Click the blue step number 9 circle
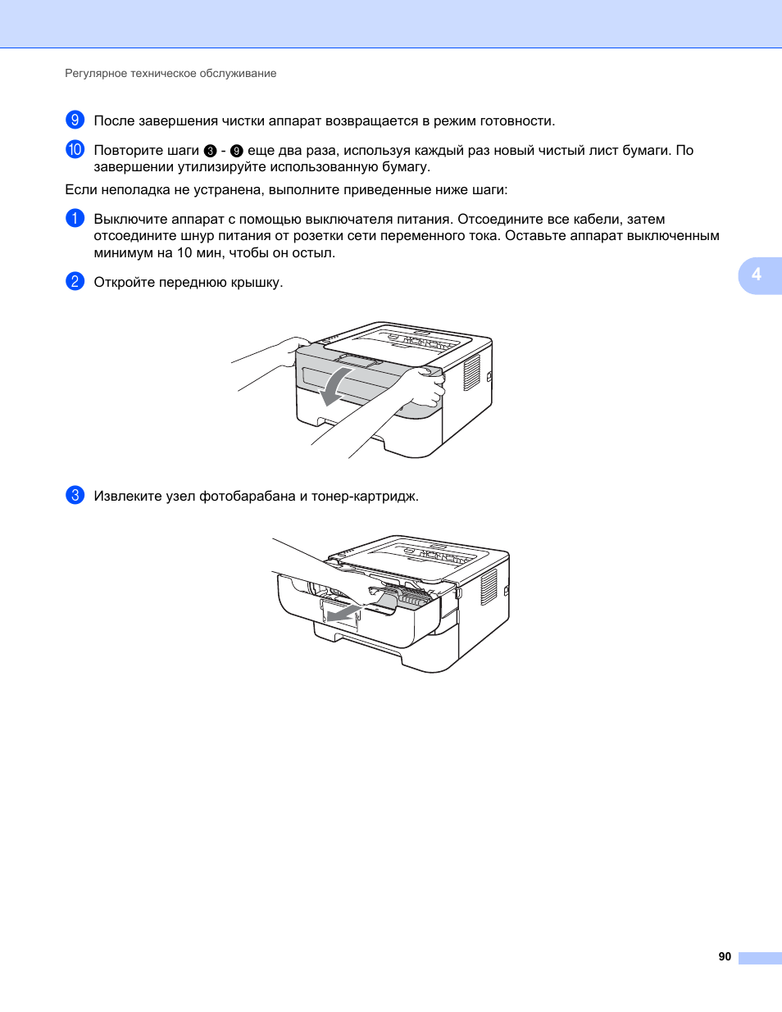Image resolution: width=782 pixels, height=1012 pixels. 75,120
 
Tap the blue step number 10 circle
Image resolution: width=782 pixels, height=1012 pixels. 75,149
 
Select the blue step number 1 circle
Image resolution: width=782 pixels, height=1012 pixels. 75,218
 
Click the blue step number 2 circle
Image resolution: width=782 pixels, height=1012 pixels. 75,281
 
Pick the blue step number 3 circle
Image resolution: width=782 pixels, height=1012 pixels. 75,495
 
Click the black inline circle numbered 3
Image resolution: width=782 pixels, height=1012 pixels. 211,151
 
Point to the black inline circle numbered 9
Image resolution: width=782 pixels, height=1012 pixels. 237,151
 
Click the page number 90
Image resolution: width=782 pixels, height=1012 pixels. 725,956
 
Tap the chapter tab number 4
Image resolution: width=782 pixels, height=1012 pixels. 757,275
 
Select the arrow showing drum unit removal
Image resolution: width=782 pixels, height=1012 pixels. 344,614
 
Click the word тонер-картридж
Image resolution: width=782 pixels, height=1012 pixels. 365,497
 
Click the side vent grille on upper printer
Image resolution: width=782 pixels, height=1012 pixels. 471,372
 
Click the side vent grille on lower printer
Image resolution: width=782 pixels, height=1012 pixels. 489,587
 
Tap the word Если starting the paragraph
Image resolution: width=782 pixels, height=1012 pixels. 81,189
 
